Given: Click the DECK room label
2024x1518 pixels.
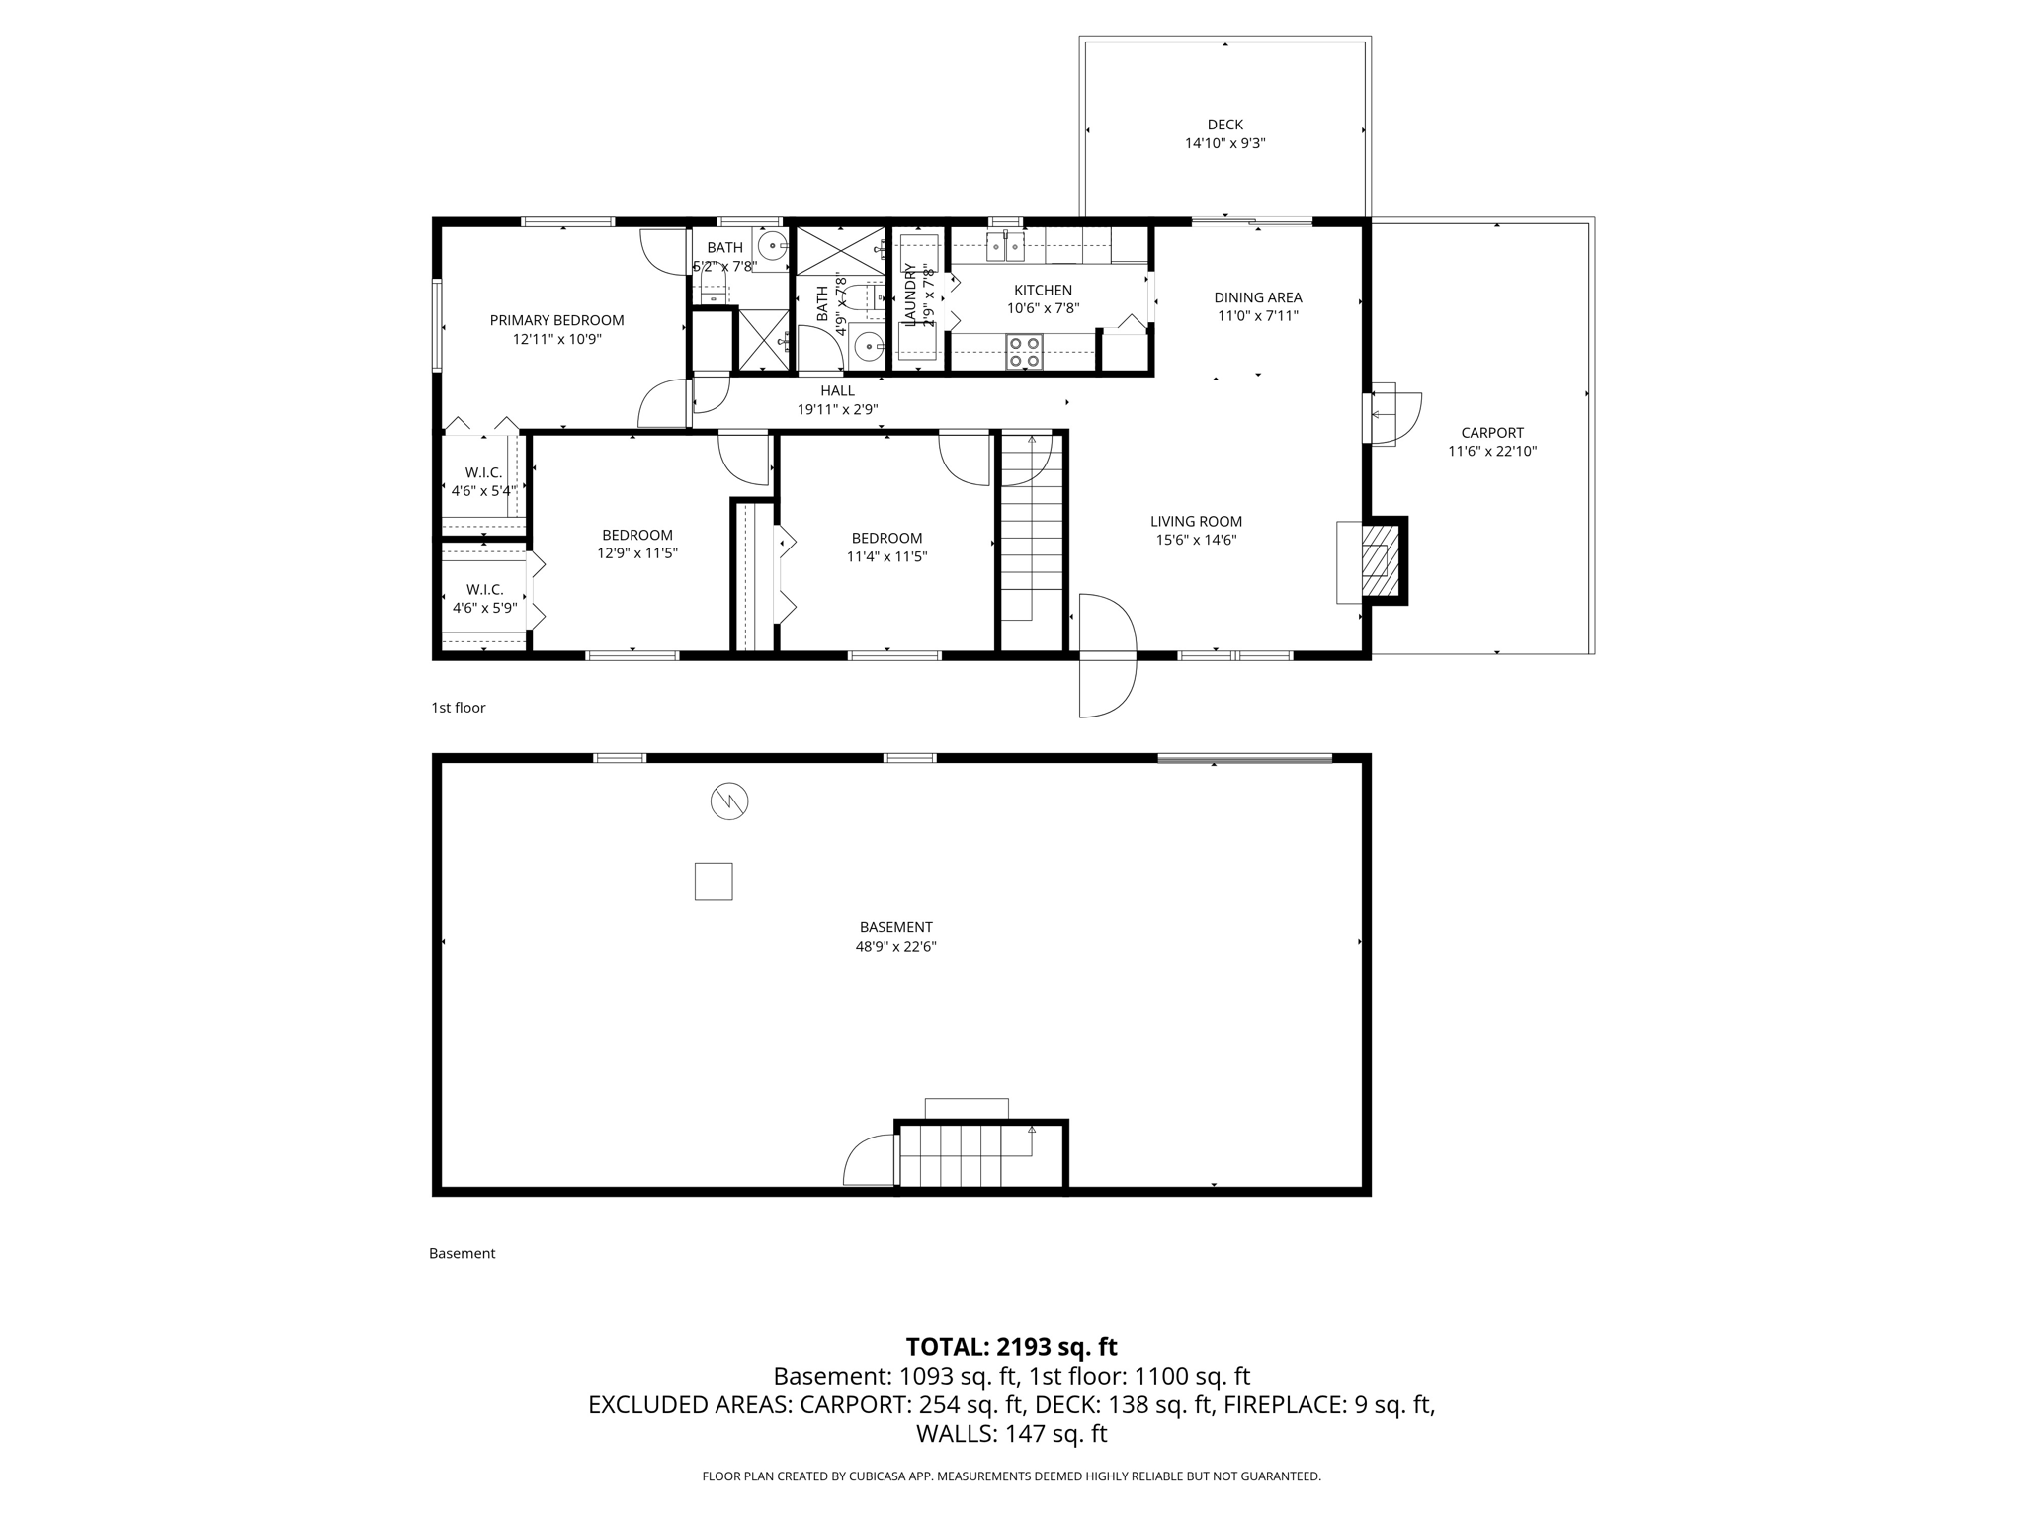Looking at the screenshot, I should pyautogui.click(x=1224, y=125).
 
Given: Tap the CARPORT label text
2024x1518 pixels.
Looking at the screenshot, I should pyautogui.click(x=1492, y=433).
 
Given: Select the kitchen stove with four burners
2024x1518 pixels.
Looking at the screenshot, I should pyautogui.click(x=1023, y=352).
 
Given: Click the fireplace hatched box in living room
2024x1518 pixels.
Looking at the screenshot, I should pyautogui.click(x=1375, y=561).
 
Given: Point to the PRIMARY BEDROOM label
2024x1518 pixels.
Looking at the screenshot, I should pyautogui.click(x=556, y=320).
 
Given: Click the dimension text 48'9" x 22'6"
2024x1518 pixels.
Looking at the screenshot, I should pyautogui.click(x=895, y=946).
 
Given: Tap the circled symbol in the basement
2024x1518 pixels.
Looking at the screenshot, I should pyautogui.click(x=729, y=801).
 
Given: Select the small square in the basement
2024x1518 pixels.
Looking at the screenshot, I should pyautogui.click(x=714, y=882).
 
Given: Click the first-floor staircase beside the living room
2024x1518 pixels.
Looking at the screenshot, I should pyautogui.click(x=1031, y=529).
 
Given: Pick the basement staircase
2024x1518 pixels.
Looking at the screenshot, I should pyautogui.click(x=969, y=1155).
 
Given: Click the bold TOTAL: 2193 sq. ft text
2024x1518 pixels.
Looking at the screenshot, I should pyautogui.click(x=1011, y=1347).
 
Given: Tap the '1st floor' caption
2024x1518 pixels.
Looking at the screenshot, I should pyautogui.click(x=458, y=708).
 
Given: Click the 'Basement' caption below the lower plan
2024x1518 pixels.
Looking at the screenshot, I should pyautogui.click(x=462, y=1253).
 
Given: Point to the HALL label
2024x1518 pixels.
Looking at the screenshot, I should pyautogui.click(x=837, y=391).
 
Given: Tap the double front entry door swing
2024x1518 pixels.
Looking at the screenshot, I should pyautogui.click(x=1107, y=655).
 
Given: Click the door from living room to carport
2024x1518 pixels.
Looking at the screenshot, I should pyautogui.click(x=1391, y=415).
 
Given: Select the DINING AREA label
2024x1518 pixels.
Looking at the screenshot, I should pyautogui.click(x=1257, y=297).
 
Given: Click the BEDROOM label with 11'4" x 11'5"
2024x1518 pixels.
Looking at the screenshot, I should pyautogui.click(x=886, y=538).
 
